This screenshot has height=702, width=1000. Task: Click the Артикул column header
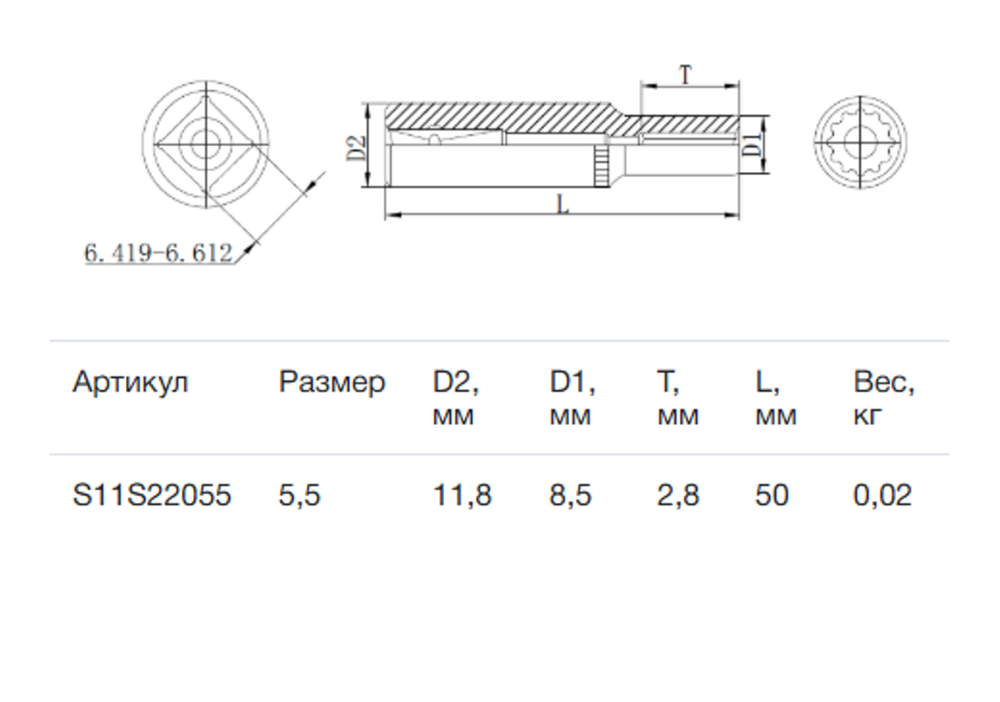[x=130, y=383]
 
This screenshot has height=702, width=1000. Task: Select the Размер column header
[x=331, y=383]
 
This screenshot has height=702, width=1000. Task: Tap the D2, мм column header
[x=455, y=398]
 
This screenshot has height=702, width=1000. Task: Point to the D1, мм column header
[x=572, y=398]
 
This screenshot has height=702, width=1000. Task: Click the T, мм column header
[x=677, y=398]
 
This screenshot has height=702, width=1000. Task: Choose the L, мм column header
[x=775, y=398]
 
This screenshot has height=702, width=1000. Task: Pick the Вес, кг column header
[x=884, y=398]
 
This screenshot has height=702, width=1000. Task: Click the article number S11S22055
[x=152, y=496]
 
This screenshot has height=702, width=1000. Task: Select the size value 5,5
[x=299, y=496]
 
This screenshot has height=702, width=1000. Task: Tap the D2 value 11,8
[x=462, y=496]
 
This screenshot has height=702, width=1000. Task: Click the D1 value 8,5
[x=570, y=496]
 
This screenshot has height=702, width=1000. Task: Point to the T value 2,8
[x=678, y=496]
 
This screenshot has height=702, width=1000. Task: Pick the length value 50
[x=772, y=496]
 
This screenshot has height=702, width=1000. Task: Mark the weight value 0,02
[x=883, y=496]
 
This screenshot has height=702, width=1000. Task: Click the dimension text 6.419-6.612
[x=159, y=254]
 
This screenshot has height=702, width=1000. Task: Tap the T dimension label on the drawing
[x=685, y=74]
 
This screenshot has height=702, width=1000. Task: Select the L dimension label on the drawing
[x=563, y=205]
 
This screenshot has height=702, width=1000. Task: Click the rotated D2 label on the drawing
[x=358, y=148]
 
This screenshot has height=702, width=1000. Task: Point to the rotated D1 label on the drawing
[x=753, y=145]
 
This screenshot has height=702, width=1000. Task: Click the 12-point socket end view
[x=861, y=142]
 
